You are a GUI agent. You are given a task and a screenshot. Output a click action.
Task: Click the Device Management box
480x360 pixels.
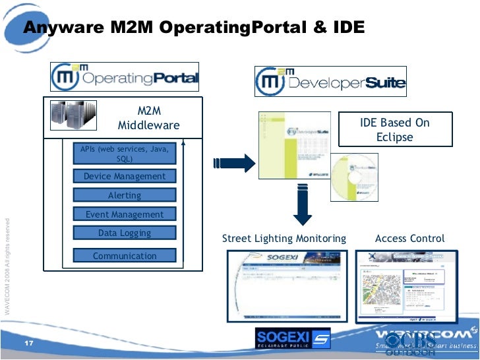(x=125, y=176)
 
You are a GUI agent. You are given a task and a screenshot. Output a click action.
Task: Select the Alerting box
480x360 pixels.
(x=125, y=195)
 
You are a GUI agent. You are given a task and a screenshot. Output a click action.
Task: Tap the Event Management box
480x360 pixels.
(x=125, y=214)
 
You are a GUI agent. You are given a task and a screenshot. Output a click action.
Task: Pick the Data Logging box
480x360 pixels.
(x=125, y=233)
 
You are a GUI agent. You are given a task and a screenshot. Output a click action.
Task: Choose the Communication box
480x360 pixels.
(x=125, y=256)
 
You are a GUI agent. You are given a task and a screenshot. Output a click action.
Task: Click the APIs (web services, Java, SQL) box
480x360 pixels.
(x=125, y=154)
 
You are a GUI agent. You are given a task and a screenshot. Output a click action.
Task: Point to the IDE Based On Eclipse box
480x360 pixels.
(x=394, y=130)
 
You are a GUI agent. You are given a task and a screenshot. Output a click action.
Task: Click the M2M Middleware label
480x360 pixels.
(x=148, y=119)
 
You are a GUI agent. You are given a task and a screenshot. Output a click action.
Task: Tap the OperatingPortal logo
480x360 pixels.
(x=125, y=77)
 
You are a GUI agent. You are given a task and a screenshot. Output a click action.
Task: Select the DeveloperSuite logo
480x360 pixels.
(x=331, y=82)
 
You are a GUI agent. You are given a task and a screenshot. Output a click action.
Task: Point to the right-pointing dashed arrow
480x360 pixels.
(x=233, y=162)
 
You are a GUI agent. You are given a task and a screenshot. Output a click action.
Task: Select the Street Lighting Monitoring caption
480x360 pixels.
(x=284, y=239)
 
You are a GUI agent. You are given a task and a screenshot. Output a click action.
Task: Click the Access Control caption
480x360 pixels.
(x=409, y=239)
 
